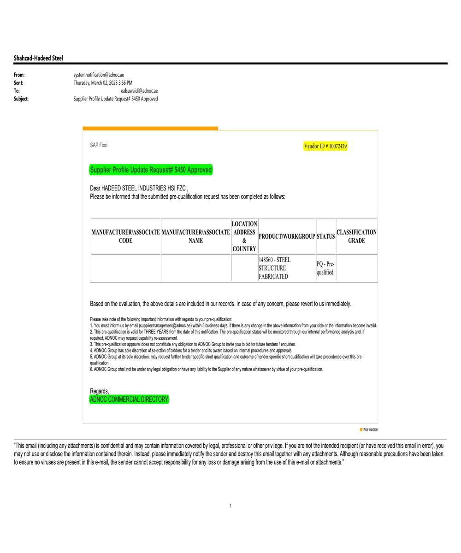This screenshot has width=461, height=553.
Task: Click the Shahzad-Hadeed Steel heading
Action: click(x=38, y=58)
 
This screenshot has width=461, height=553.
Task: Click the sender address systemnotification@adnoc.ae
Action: click(x=99, y=75)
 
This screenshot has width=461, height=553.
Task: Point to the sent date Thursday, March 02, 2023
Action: click(x=103, y=83)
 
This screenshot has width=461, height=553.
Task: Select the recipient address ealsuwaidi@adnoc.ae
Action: click(x=139, y=91)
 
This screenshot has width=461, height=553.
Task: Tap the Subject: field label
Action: click(x=21, y=99)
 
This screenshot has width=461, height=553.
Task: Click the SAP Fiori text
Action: click(x=99, y=145)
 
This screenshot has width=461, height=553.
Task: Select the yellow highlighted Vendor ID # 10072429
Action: click(x=325, y=146)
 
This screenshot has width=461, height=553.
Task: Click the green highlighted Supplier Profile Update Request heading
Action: click(x=151, y=170)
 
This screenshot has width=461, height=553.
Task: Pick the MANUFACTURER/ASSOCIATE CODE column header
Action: click(x=125, y=236)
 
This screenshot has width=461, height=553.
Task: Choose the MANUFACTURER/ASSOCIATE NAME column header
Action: click(x=195, y=236)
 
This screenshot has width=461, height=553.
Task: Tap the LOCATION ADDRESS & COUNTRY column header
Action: click(x=244, y=236)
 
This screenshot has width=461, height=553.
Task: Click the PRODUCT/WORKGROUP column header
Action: click(x=287, y=236)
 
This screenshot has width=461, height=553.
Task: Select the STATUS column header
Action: click(x=325, y=236)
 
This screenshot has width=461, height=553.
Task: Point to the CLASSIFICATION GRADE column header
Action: click(x=356, y=236)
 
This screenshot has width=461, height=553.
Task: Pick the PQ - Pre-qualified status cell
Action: click(x=325, y=268)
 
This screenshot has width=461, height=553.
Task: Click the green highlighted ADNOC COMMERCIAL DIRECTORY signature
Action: click(x=129, y=400)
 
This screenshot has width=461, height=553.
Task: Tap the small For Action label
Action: click(x=370, y=429)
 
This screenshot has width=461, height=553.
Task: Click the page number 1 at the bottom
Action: click(x=230, y=506)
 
